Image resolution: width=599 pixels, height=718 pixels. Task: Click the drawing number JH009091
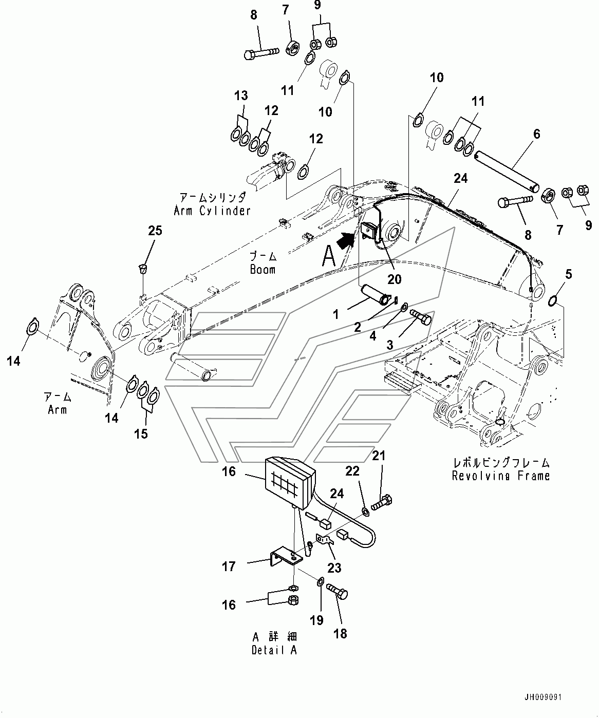tap(542, 696)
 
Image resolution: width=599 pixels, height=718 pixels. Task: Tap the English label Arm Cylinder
tap(212, 211)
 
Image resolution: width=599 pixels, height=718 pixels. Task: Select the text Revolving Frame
tap(500, 476)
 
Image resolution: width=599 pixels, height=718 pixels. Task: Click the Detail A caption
tap(274, 650)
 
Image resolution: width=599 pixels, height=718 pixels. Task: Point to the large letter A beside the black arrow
tap(329, 257)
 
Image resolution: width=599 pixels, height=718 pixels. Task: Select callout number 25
tap(155, 230)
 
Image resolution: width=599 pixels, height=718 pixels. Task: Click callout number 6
tap(537, 134)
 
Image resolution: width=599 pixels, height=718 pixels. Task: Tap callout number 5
tap(568, 274)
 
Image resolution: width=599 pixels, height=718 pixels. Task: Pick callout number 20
tap(395, 279)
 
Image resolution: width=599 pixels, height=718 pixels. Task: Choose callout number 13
tap(241, 95)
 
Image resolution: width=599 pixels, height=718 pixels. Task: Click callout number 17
tap(229, 566)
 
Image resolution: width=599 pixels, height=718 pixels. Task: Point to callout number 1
tap(336, 314)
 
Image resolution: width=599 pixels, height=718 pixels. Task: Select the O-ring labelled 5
tap(552, 300)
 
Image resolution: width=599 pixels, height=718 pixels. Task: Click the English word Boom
tap(263, 270)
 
